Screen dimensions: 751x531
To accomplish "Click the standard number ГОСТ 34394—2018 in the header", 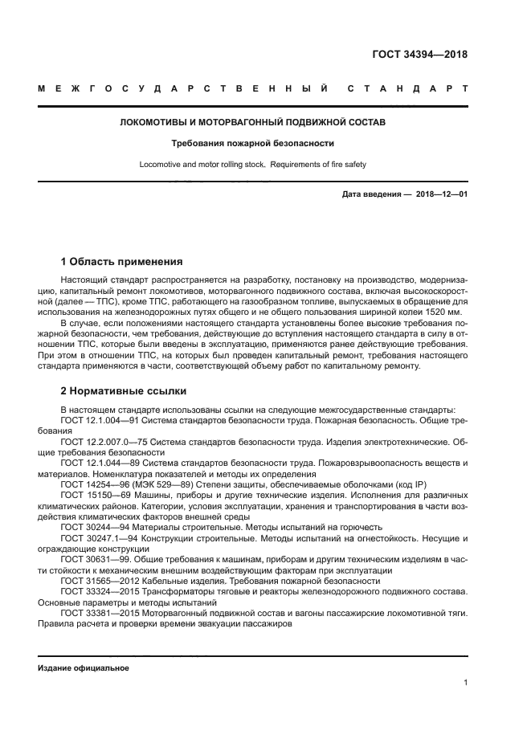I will pyautogui.click(x=420, y=55).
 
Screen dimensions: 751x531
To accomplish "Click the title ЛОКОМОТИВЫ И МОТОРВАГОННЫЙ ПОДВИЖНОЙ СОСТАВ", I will pyautogui.click(x=252, y=124).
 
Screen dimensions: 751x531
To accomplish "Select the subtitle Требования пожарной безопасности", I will pyautogui.click(x=252, y=145).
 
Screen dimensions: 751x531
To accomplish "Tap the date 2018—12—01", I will pyautogui.click(x=442, y=194).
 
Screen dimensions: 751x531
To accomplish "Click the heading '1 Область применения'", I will pyautogui.click(x=122, y=262).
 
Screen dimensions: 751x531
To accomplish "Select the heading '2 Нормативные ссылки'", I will pyautogui.click(x=124, y=391).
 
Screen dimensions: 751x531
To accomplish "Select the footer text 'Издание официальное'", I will pyautogui.click(x=83, y=667).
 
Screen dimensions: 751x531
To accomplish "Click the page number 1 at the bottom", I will pyautogui.click(x=465, y=683).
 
